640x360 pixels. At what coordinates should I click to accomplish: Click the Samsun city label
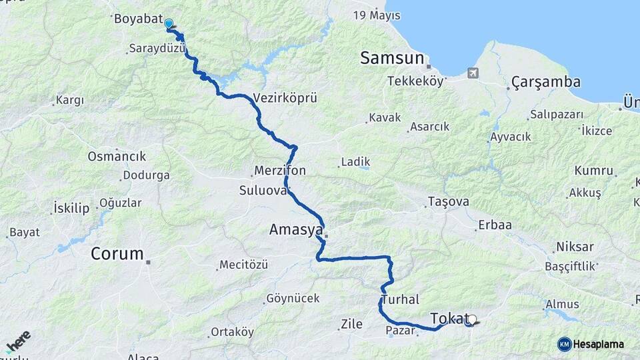point(392,58)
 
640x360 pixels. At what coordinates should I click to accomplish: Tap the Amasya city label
point(295,230)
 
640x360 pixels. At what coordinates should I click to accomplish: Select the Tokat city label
point(447,318)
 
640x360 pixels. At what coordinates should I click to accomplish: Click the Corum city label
point(117,253)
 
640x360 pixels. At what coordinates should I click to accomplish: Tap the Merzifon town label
point(280,171)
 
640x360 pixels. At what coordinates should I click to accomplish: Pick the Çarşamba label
point(545,82)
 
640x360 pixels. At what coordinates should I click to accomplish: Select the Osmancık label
point(117,156)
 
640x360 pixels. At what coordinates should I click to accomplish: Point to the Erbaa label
point(495,225)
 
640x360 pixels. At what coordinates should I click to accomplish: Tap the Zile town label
point(351,325)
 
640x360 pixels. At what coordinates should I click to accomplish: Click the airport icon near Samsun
point(473,72)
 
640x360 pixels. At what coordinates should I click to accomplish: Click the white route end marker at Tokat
point(471,319)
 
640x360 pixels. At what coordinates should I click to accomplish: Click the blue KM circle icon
point(564,344)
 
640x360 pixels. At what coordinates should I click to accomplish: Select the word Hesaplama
point(599,344)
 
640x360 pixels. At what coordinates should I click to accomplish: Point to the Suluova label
point(263,191)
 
